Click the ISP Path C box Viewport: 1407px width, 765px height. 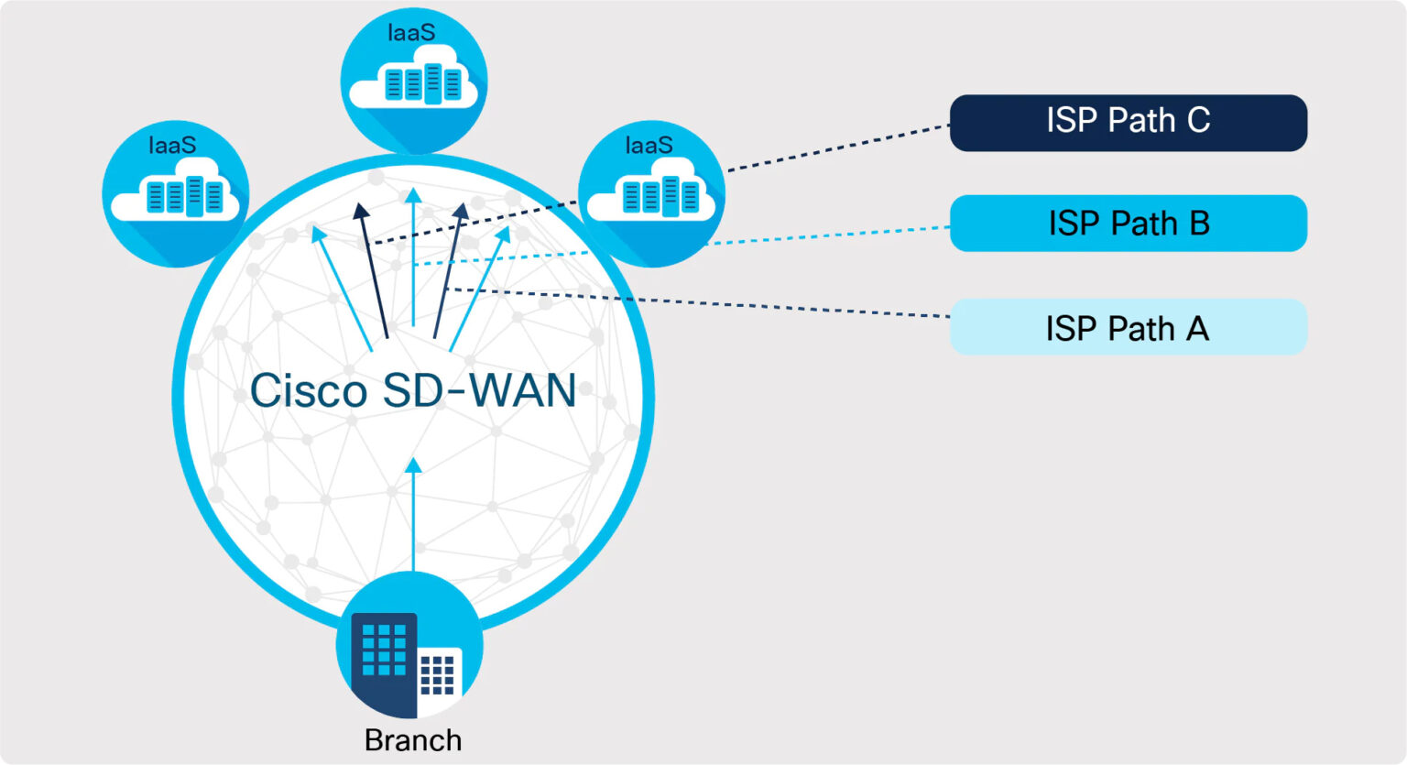(x=1128, y=123)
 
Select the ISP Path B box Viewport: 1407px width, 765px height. (x=1128, y=224)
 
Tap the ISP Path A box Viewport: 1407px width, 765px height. (x=1128, y=327)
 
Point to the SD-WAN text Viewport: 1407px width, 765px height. (x=479, y=391)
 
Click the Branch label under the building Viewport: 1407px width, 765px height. (x=413, y=740)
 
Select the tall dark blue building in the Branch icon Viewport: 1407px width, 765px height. (x=384, y=661)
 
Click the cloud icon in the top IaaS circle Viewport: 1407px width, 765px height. (x=414, y=84)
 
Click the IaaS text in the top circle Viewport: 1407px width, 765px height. (x=411, y=33)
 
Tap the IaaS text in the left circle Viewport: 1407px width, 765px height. (x=172, y=145)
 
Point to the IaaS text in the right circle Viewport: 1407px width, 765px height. (x=649, y=145)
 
